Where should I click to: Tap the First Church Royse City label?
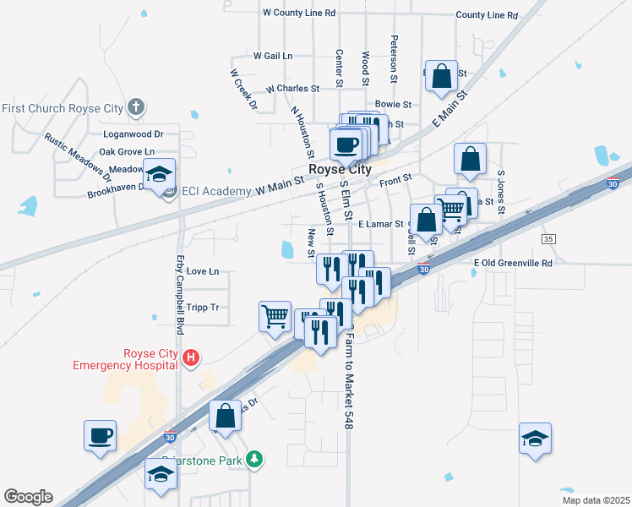click(63, 108)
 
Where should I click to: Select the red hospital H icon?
click(191, 358)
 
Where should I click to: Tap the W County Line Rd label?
click(299, 13)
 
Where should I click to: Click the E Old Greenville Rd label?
click(513, 263)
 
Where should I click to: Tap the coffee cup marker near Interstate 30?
click(100, 437)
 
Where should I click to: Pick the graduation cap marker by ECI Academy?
click(159, 175)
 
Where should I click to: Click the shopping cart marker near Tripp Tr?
click(275, 318)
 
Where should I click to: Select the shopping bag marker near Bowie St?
click(441, 76)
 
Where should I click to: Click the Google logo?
click(28, 497)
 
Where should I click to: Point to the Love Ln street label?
click(202, 271)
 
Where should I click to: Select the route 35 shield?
click(549, 240)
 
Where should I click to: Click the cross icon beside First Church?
click(136, 107)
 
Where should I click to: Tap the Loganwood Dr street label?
click(133, 134)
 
